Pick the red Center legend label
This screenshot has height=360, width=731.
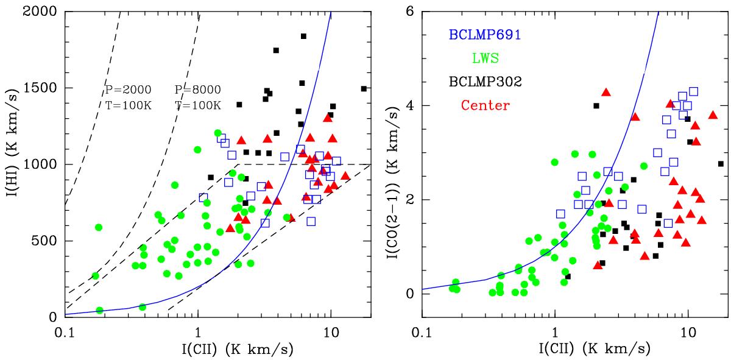(486, 105)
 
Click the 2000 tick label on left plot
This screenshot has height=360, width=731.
(44, 12)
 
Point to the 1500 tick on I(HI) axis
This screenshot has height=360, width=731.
(44, 88)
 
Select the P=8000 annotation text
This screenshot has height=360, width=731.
(198, 90)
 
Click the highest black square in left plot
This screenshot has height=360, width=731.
(303, 37)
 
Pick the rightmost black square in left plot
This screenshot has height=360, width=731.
(364, 88)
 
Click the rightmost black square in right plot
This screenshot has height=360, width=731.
(721, 163)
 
